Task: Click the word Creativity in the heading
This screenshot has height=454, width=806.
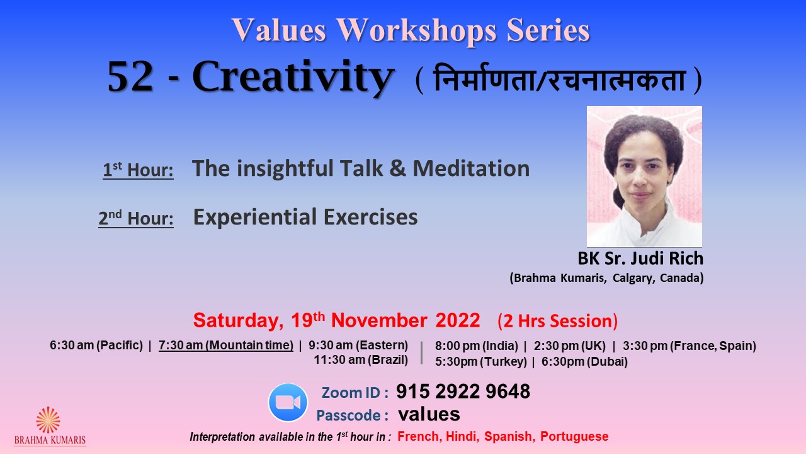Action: point(293,77)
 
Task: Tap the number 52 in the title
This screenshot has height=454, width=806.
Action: point(130,77)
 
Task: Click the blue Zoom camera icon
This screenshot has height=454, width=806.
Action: point(288,402)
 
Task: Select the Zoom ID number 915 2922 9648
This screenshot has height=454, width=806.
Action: point(463,392)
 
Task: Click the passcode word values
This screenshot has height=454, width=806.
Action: point(429,414)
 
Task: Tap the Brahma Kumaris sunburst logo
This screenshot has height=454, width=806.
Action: point(48,420)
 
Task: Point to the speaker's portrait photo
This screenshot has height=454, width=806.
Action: point(644,177)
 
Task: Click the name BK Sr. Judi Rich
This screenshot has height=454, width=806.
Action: point(640,259)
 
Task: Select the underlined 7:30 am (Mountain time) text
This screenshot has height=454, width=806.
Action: point(226,345)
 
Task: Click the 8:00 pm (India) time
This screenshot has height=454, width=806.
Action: point(477,346)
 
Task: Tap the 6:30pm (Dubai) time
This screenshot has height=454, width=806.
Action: point(584,361)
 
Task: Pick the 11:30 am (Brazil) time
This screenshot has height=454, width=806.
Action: point(361,359)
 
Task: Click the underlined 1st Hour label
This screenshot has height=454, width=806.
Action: point(138,170)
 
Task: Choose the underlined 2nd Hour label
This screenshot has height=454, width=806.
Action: point(136,218)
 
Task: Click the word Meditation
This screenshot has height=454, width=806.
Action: point(471,168)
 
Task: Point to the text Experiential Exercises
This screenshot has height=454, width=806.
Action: point(305,217)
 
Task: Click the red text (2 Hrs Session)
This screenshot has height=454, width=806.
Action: point(557,321)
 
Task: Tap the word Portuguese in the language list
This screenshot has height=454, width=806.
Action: point(574,436)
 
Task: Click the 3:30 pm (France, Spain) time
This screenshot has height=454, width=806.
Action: point(690,346)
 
